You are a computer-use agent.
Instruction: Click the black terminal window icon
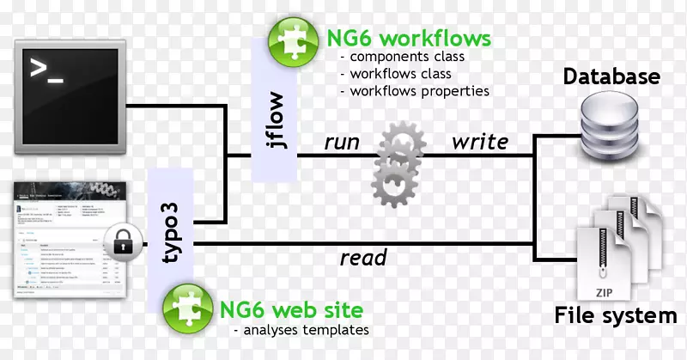point(64,83)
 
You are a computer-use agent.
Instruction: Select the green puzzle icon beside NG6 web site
point(186,308)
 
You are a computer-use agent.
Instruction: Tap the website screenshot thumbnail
point(64,238)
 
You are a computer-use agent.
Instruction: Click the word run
point(341,143)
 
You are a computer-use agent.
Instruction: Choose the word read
point(363,258)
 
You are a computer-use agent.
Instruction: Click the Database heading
point(611,76)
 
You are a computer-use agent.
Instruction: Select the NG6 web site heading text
point(291,308)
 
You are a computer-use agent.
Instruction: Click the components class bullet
point(402,57)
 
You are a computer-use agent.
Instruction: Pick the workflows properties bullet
point(414,90)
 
